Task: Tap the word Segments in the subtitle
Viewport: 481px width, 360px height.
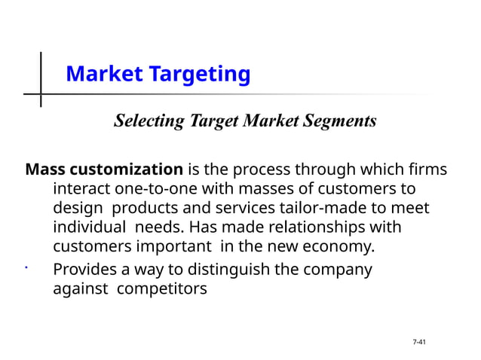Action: (x=342, y=121)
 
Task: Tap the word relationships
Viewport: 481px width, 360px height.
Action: (x=322, y=227)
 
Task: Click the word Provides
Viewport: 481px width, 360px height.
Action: (x=87, y=269)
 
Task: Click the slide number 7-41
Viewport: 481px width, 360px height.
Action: (x=419, y=343)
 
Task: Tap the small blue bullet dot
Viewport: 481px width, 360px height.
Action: (x=26, y=267)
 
